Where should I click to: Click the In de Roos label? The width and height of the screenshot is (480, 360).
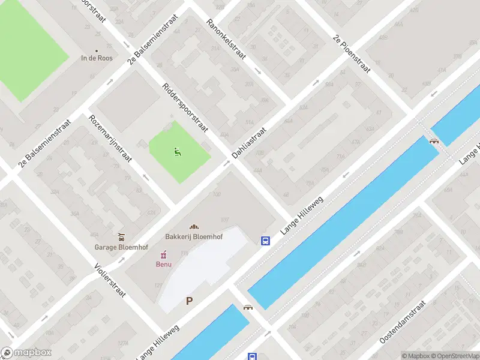(97, 59)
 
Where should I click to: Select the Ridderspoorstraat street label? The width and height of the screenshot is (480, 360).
(185, 108)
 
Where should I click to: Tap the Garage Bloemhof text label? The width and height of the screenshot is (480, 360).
(122, 247)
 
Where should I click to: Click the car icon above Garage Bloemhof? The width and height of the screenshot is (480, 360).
(122, 236)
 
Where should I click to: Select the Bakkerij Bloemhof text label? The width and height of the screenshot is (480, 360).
(194, 236)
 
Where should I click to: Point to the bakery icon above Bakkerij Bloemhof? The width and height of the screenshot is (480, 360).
(194, 226)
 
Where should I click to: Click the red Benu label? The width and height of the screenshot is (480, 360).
(164, 264)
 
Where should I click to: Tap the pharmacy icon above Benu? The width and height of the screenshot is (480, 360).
(164, 254)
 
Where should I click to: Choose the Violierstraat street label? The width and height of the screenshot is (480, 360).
(110, 281)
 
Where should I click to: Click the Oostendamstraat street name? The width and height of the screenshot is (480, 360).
(403, 322)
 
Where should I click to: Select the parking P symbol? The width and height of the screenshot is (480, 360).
(190, 301)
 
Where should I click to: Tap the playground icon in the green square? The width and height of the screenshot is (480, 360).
(177, 152)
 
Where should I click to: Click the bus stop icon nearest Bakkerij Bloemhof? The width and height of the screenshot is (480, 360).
(265, 241)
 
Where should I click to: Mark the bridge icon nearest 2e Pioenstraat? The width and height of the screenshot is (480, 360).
(434, 141)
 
